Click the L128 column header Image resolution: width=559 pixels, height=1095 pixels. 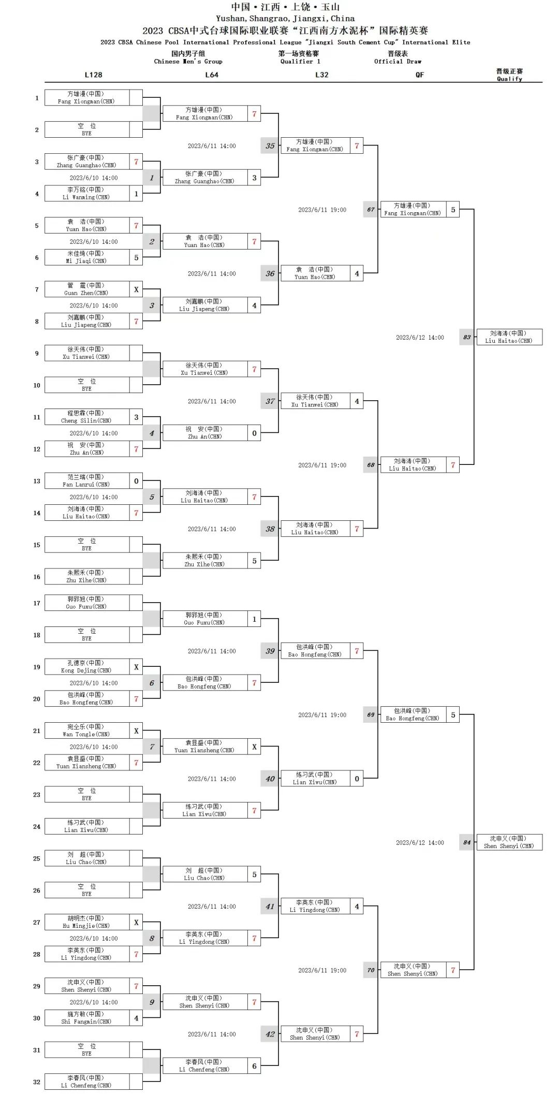coord(94,75)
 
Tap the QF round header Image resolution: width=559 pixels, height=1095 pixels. coord(419,75)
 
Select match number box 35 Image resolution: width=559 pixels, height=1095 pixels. coord(270,146)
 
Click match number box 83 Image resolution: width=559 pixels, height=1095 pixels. coord(467,337)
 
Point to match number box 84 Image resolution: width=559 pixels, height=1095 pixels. coord(467,842)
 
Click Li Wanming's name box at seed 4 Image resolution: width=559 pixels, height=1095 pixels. coord(86,194)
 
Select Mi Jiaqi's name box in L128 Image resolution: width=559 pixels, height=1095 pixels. coord(86,257)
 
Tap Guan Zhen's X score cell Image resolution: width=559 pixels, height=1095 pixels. coord(136,289)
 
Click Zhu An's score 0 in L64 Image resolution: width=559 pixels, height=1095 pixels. coord(254,433)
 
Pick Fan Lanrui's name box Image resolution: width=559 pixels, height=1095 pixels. coord(86,481)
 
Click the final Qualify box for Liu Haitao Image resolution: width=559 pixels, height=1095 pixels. coord(509,337)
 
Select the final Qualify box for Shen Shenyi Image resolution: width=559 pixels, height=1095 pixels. coord(509,842)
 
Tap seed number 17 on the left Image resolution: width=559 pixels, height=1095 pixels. coord(37,603)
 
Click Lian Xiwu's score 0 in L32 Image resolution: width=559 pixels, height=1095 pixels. coord(357,779)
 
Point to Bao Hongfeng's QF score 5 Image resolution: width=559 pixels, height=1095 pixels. coord(453,715)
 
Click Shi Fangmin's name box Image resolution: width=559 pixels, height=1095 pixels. coord(86,1018)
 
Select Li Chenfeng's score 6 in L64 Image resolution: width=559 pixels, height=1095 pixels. coord(254,1066)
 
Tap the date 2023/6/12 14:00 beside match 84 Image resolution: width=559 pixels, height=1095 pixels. coord(420,843)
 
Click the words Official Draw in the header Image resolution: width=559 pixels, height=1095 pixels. coord(398,62)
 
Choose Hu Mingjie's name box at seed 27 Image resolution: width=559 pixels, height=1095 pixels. coord(86,922)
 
